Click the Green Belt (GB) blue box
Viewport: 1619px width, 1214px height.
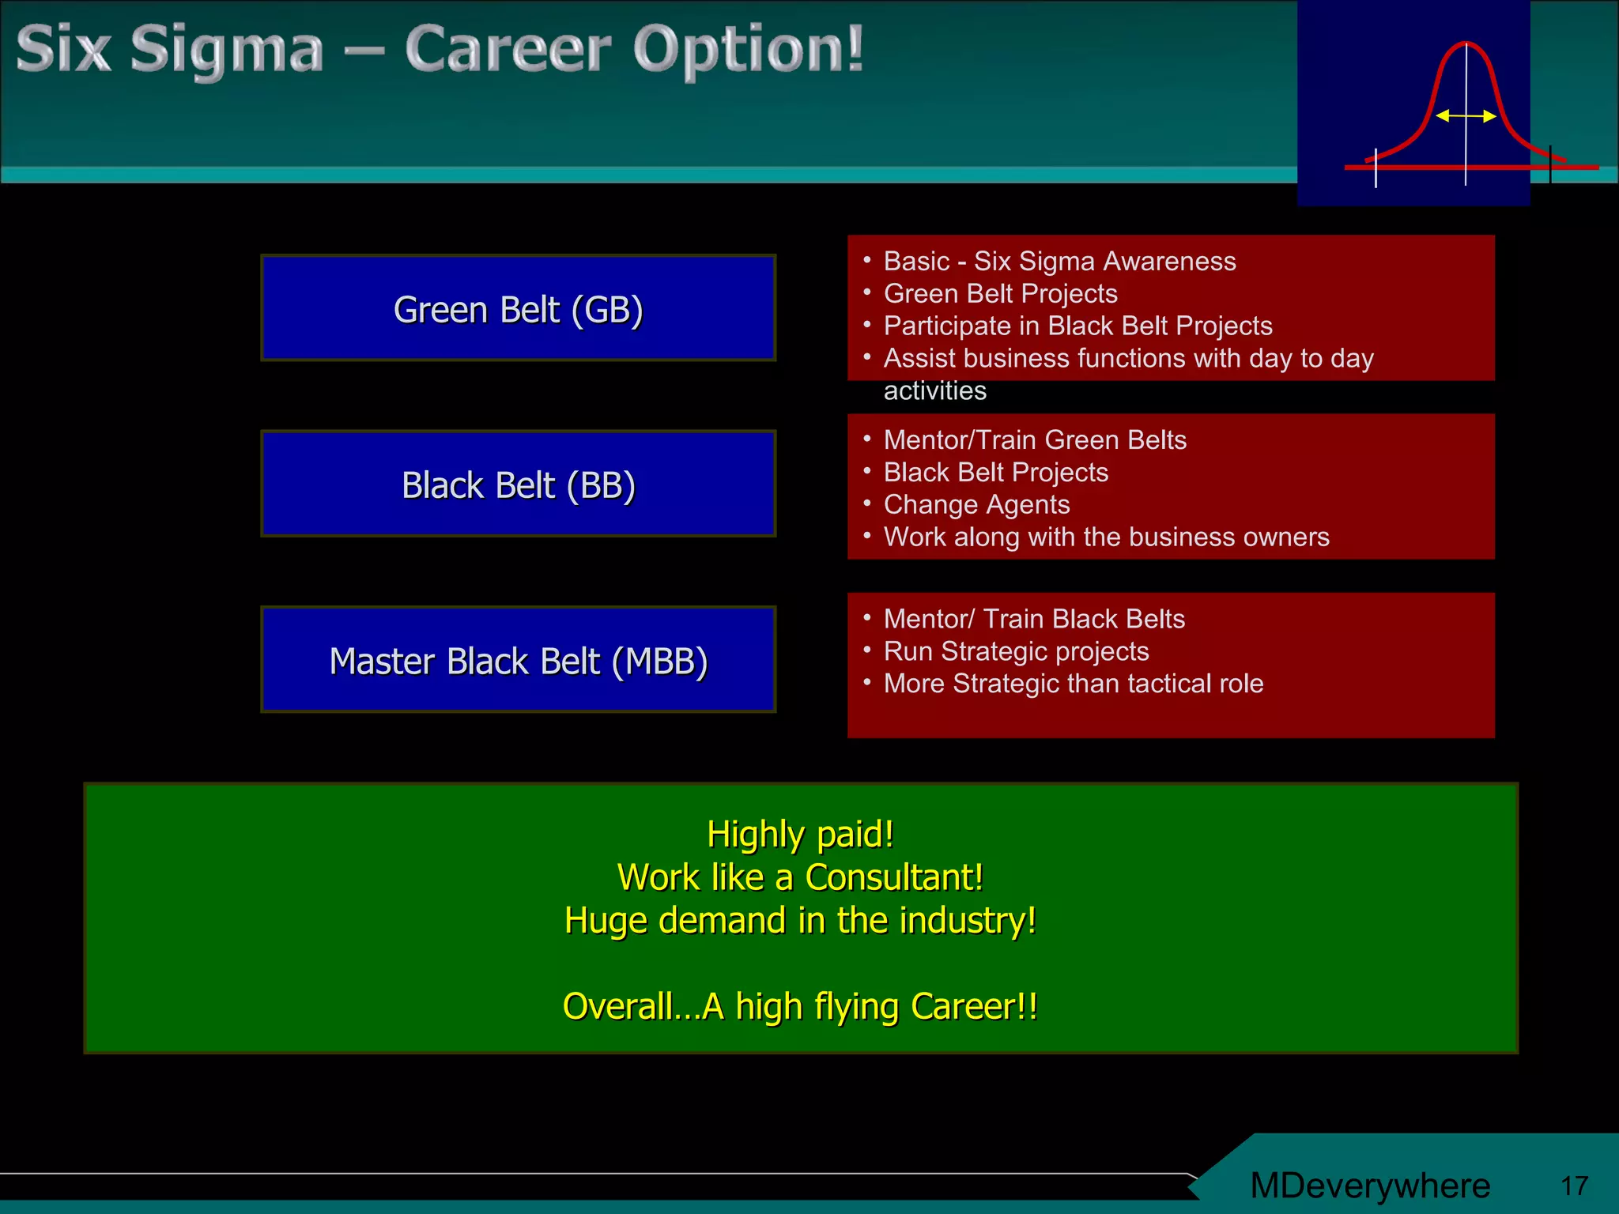(518, 308)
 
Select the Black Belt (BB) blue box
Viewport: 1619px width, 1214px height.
(518, 484)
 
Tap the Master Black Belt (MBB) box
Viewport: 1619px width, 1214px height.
(518, 660)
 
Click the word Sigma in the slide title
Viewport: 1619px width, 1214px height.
(227, 51)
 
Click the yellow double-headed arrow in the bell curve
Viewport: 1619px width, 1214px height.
(1466, 116)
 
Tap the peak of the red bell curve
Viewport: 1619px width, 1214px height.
(1466, 44)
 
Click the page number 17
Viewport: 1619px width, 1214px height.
(1574, 1186)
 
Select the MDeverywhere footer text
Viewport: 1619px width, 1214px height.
(1370, 1186)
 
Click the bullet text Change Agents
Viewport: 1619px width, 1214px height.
(976, 504)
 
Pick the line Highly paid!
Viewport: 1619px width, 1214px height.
(800, 834)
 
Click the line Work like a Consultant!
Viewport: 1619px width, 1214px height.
(800, 877)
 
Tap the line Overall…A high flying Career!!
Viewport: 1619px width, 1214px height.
(800, 1006)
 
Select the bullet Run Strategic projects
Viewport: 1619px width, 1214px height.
(1016, 650)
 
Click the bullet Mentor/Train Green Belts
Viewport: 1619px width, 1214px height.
(1035, 439)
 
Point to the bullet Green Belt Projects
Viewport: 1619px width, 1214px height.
(1000, 293)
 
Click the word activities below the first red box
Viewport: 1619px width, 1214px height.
(934, 390)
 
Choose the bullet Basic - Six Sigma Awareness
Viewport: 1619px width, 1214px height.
(1059, 261)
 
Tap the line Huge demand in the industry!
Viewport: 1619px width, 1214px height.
(800, 921)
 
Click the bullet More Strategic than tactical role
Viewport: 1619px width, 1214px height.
(1073, 683)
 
